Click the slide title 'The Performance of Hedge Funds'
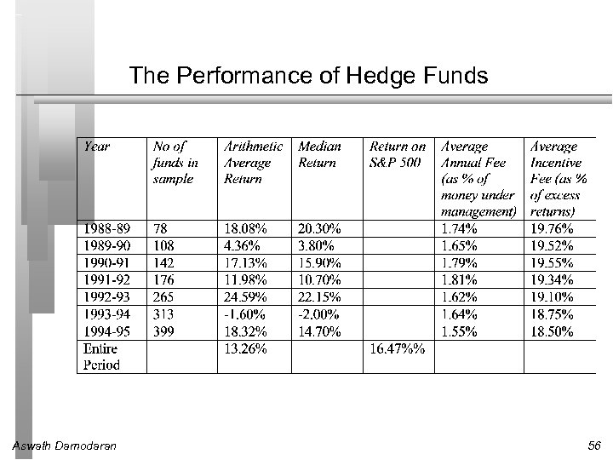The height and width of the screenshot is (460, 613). pyautogui.click(x=308, y=77)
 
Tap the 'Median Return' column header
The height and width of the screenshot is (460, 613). pyautogui.click(x=319, y=154)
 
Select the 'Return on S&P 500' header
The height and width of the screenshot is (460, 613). pyautogui.click(x=398, y=154)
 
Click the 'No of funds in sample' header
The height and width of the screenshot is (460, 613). pyautogui.click(x=175, y=163)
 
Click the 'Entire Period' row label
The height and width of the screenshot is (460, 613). pyautogui.click(x=101, y=356)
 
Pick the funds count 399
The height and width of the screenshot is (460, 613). pyautogui.click(x=163, y=331)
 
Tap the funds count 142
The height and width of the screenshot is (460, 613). pyautogui.click(x=163, y=262)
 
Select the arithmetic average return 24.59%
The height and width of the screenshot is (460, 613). pyautogui.click(x=245, y=297)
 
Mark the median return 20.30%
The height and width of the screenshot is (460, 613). pyautogui.click(x=319, y=228)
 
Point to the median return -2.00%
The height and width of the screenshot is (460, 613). pyautogui.click(x=318, y=314)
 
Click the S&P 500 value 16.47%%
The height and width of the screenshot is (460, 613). pyautogui.click(x=398, y=348)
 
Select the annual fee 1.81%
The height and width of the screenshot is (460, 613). pyautogui.click(x=460, y=280)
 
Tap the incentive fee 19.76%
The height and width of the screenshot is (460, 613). pyautogui.click(x=552, y=228)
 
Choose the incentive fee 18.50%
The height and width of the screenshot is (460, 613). pyautogui.click(x=552, y=331)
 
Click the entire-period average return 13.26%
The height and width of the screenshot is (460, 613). pyautogui.click(x=245, y=348)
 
